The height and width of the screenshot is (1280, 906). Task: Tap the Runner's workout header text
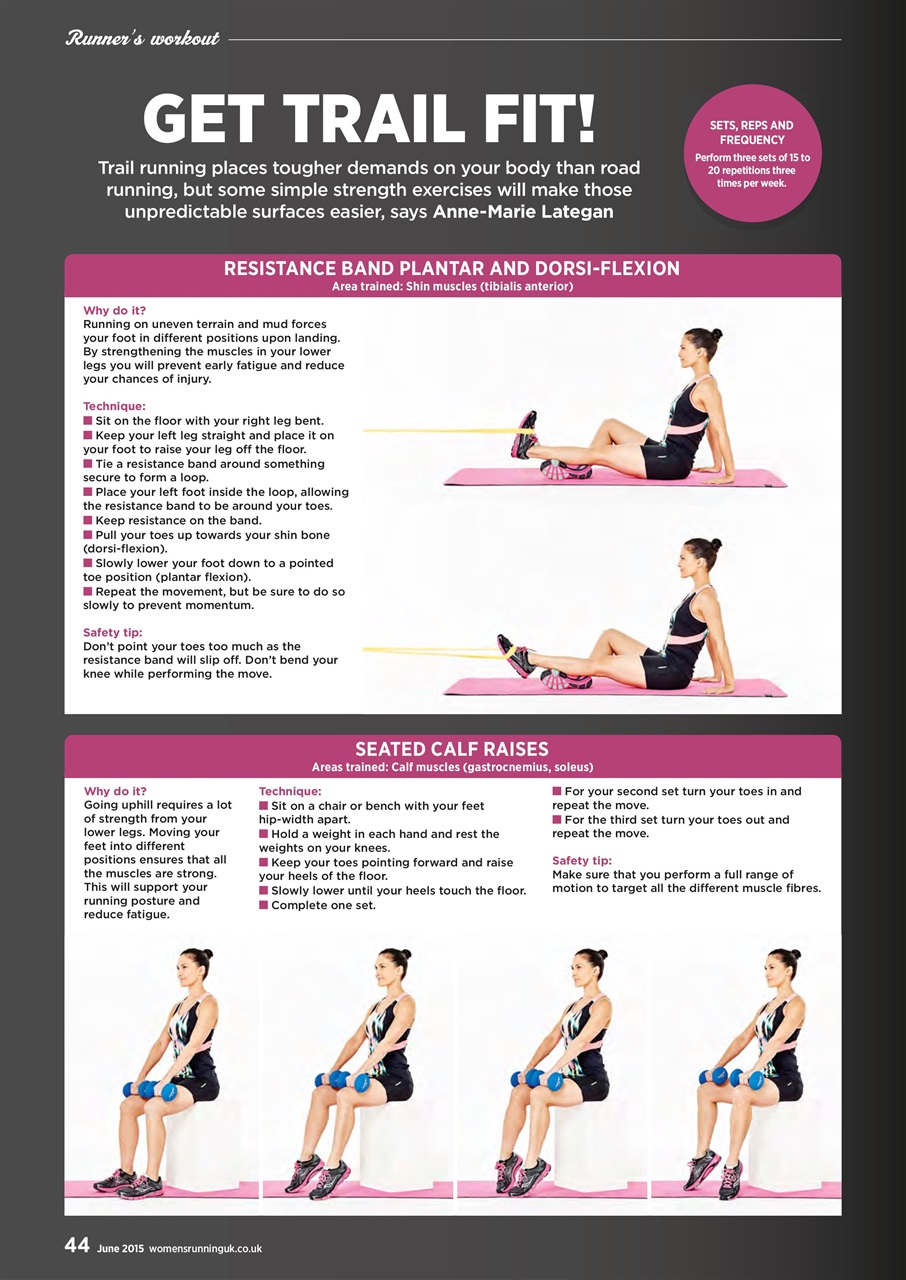pyautogui.click(x=142, y=40)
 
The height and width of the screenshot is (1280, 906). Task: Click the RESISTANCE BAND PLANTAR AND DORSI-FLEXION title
pyautogui.click(x=452, y=268)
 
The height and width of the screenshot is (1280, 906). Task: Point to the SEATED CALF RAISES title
pyautogui.click(x=452, y=749)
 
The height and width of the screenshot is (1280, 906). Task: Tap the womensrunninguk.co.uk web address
pyautogui.click(x=205, y=1248)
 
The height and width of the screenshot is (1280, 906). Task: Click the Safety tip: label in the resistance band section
pyautogui.click(x=113, y=632)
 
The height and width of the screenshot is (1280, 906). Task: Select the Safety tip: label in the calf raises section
pyautogui.click(x=582, y=860)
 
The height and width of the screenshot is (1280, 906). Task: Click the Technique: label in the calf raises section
pyautogui.click(x=290, y=791)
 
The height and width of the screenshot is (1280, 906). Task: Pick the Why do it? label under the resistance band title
pyautogui.click(x=115, y=310)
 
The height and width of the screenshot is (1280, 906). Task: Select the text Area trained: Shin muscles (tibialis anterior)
pyautogui.click(x=452, y=287)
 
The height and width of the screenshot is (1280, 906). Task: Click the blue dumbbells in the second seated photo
pyautogui.click(x=342, y=1081)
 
